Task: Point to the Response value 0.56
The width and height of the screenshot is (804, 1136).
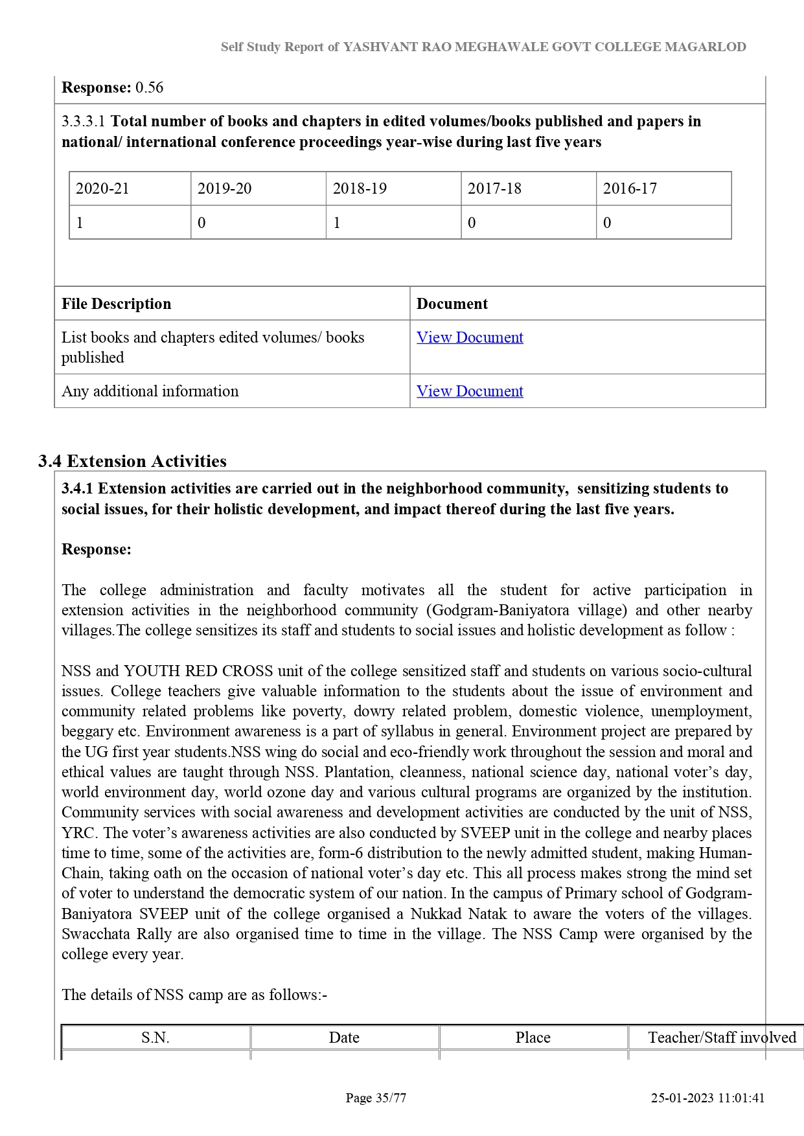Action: coord(149,87)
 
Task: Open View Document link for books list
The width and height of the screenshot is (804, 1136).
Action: coord(470,337)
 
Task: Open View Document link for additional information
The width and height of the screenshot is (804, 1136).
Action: coord(470,391)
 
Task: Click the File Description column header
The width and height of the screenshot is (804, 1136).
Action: coord(117,304)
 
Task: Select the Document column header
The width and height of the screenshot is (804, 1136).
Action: coord(452,304)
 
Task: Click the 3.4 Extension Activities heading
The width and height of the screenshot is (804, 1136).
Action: coord(132,461)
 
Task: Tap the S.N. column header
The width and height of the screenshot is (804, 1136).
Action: coord(155,1038)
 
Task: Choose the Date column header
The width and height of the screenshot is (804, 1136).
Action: coord(344,1038)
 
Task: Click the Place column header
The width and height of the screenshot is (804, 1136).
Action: coord(533,1038)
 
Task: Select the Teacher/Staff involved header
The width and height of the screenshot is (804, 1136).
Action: coord(722,1038)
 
